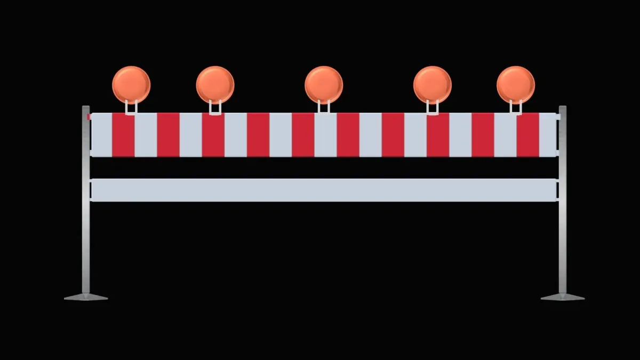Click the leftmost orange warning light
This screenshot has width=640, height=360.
coord(131,85)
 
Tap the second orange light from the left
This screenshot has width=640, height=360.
coord(215,85)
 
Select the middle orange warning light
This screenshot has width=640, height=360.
coord(324,85)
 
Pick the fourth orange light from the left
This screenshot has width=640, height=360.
coord(433,85)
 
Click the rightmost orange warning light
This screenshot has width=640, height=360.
coord(516,85)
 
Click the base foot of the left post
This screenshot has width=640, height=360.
coord(86,297)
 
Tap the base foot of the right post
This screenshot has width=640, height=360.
coord(563,297)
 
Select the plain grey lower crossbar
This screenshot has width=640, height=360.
coord(324,190)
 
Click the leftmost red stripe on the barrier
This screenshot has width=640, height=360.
coord(123,134)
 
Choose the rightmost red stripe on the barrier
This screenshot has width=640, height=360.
coord(528,134)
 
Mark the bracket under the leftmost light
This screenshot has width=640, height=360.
coord(131,108)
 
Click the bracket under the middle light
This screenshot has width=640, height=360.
coord(324,108)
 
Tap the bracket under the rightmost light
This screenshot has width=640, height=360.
coord(516,108)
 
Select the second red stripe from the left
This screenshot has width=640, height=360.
coord(168,134)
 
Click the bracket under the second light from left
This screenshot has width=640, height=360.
coord(215,108)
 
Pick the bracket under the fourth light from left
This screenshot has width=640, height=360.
coord(433,108)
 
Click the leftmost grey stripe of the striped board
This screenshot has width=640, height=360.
coord(101,134)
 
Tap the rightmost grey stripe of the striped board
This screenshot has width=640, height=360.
coord(548,134)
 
